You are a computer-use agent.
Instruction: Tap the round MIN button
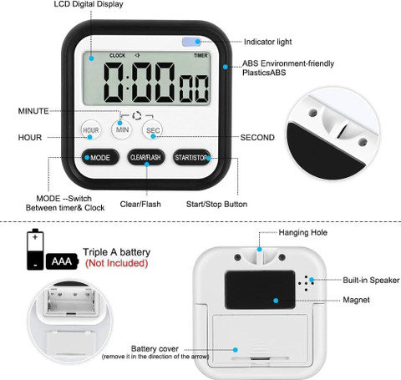(122, 129)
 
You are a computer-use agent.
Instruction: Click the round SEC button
(152, 130)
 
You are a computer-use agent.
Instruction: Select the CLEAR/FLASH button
(145, 157)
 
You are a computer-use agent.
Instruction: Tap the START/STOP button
(191, 157)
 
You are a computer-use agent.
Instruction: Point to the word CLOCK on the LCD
(118, 56)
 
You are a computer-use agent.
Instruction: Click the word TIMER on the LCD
(200, 56)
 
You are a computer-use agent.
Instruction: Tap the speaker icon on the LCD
(137, 55)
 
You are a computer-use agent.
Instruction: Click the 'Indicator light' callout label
(267, 42)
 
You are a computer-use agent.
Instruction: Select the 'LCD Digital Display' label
(89, 4)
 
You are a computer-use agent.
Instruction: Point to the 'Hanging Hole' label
(303, 232)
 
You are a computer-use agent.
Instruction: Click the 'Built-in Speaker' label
(371, 280)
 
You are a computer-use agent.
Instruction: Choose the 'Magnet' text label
(356, 300)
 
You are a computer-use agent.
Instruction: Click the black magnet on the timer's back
(260, 290)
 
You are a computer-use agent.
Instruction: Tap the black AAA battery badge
(62, 261)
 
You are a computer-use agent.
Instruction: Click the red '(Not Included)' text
(116, 263)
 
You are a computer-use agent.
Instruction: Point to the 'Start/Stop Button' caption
(216, 204)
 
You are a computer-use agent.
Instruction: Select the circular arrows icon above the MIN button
(137, 116)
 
